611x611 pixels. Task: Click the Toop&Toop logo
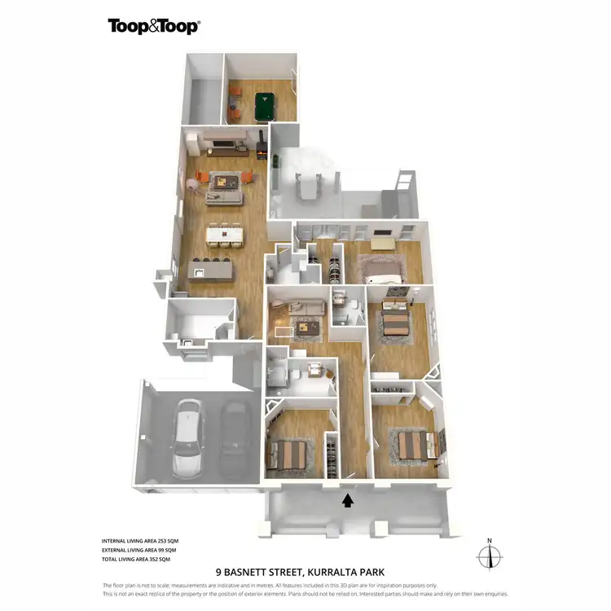pyautogui.click(x=153, y=26)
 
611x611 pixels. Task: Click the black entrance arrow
pyautogui.click(x=348, y=500)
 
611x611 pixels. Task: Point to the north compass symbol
pyautogui.click(x=489, y=556)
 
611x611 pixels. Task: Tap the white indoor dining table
pyautogui.click(x=225, y=234)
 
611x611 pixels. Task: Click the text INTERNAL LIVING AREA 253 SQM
pyautogui.click(x=137, y=541)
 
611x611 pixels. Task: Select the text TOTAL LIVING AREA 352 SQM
pyautogui.click(x=136, y=560)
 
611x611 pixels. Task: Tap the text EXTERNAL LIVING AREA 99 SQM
pyautogui.click(x=137, y=551)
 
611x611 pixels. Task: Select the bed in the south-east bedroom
pyautogui.click(x=416, y=445)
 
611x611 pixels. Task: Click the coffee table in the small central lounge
pyautogui.click(x=307, y=327)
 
